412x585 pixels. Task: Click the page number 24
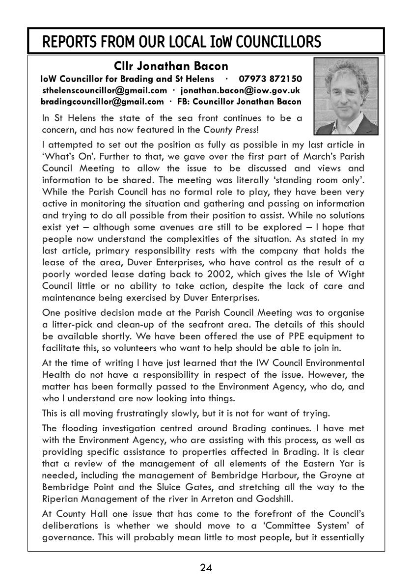[206, 568]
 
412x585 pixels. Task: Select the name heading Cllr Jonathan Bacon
[171, 66]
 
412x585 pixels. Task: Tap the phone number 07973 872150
[271, 79]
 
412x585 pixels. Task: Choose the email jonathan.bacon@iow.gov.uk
[240, 90]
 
